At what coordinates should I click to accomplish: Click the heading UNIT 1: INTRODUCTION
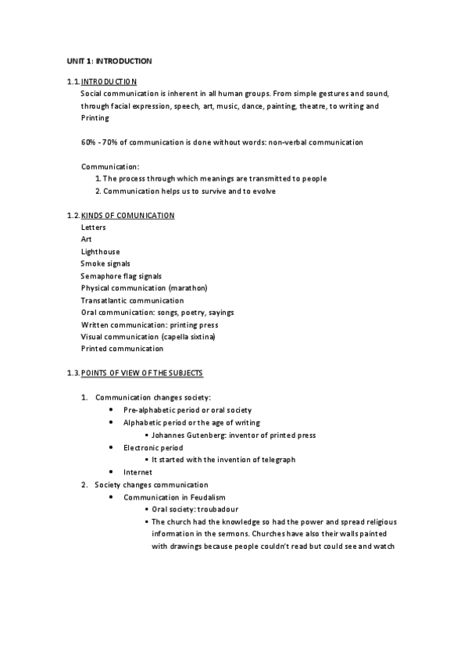(x=109, y=60)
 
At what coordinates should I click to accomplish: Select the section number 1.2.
(x=73, y=215)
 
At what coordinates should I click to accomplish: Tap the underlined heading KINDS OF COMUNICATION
(x=127, y=215)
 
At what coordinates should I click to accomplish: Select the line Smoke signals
(x=105, y=264)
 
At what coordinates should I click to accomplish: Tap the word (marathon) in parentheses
(x=188, y=288)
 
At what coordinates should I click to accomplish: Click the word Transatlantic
(x=107, y=300)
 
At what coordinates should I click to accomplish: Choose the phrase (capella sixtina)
(x=188, y=336)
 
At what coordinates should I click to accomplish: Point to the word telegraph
(x=275, y=460)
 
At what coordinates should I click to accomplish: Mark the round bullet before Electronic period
(x=113, y=448)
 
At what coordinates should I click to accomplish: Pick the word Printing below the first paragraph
(x=95, y=118)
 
